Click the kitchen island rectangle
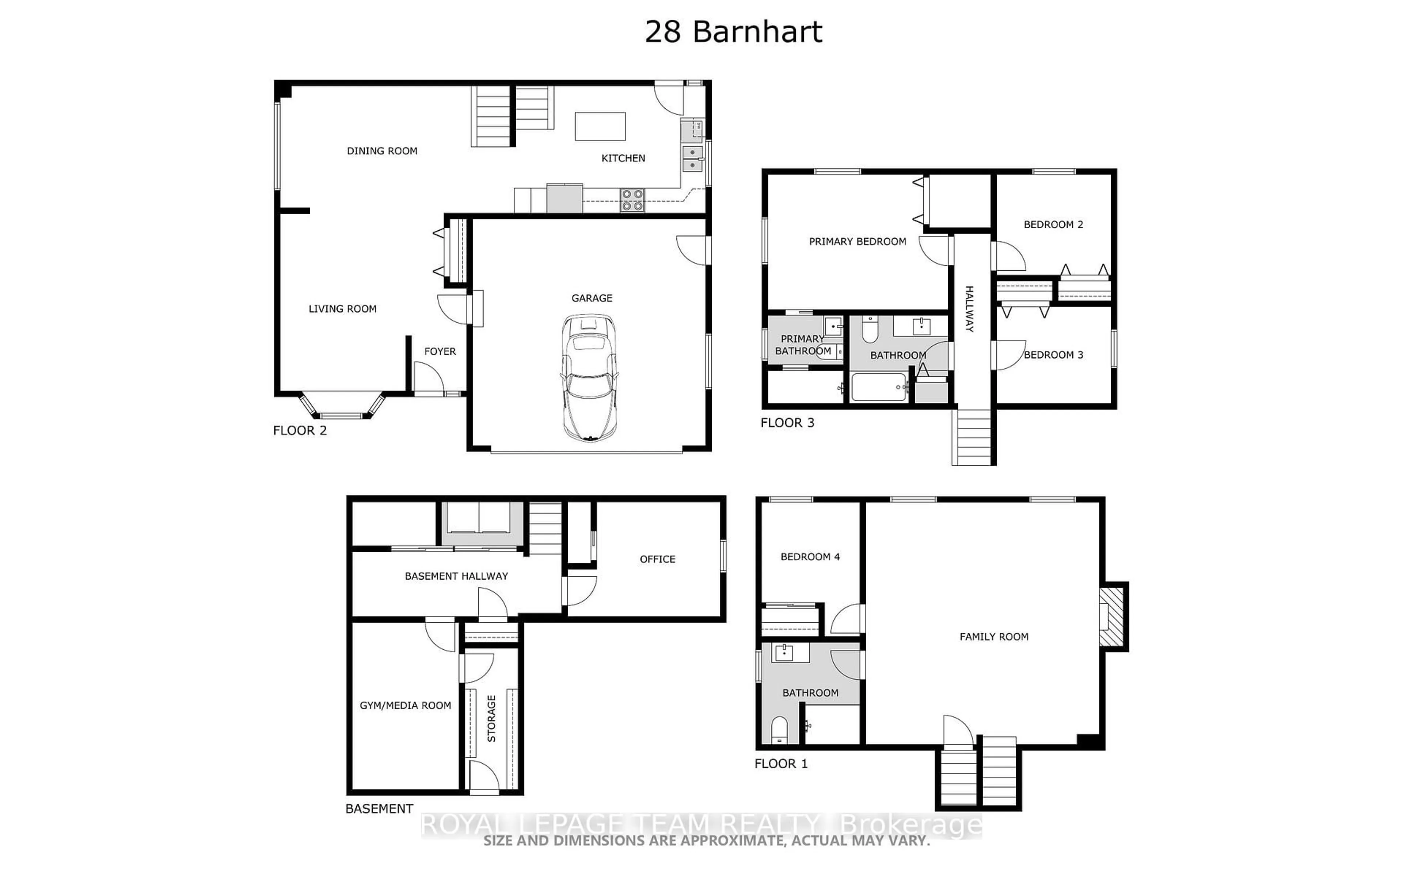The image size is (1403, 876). tap(600, 126)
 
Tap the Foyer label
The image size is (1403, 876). tap(440, 351)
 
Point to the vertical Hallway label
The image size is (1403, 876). tap(969, 309)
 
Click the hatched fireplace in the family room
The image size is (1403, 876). tap(1111, 616)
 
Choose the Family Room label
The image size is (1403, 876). tap(994, 637)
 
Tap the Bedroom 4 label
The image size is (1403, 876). tap(810, 557)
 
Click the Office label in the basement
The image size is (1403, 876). tap(657, 559)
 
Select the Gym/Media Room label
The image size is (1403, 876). tap(405, 706)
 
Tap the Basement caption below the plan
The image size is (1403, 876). tap(379, 809)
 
